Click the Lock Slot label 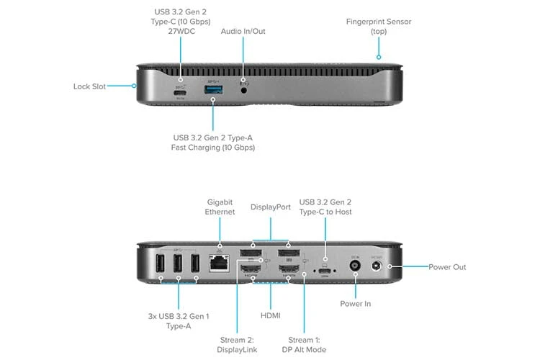click(89, 86)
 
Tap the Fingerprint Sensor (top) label click(378, 26)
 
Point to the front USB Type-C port click(180, 91)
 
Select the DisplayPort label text click(270, 207)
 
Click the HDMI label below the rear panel click(270, 315)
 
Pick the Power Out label click(447, 267)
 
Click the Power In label click(356, 304)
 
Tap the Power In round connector click(355, 266)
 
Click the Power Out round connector click(375, 267)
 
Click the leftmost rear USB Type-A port click(158, 266)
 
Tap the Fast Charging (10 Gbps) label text click(213, 148)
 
